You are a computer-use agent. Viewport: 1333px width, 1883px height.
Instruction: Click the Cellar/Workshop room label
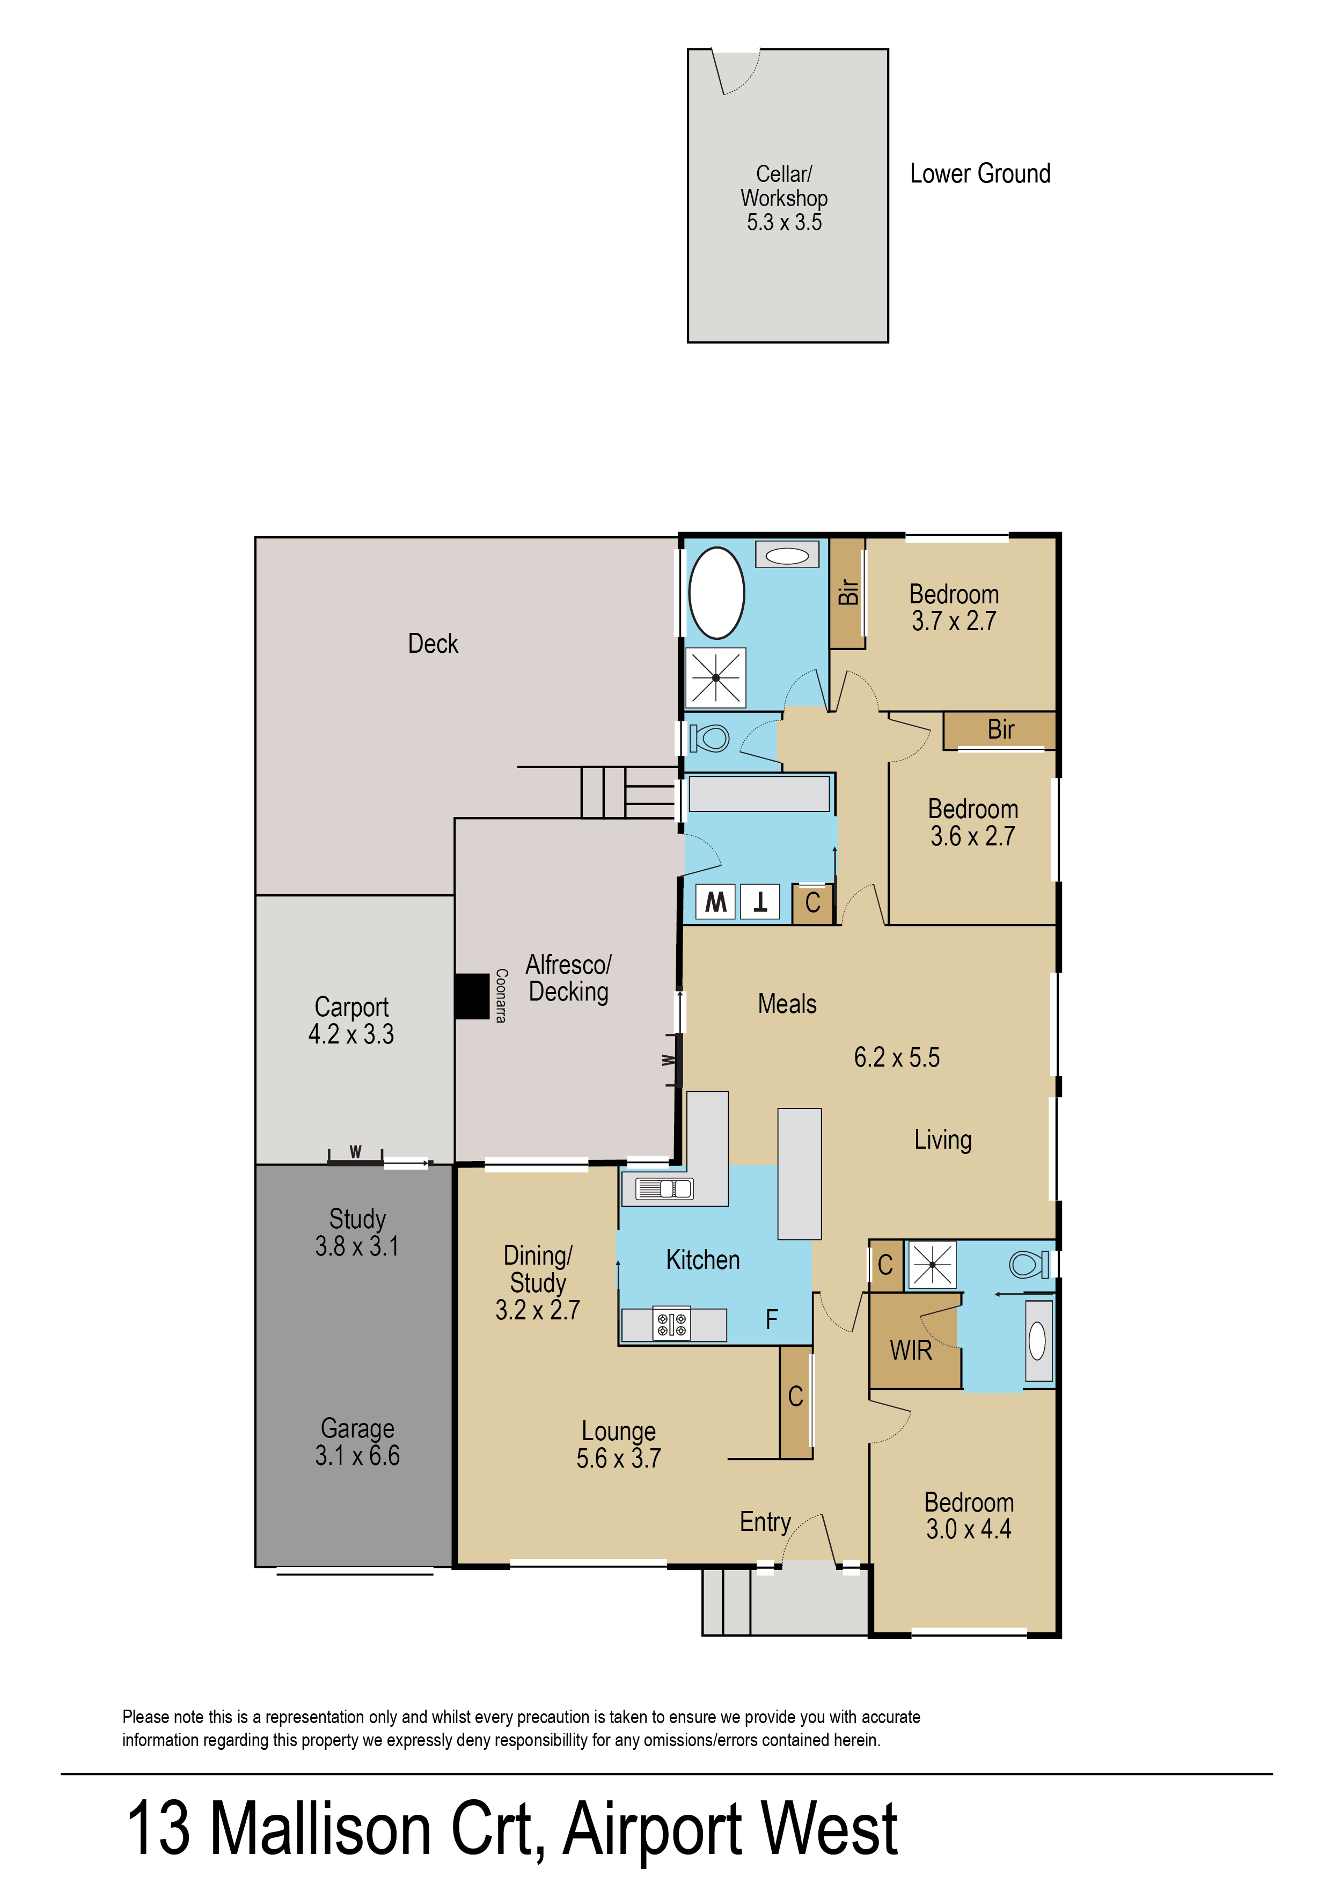[784, 198]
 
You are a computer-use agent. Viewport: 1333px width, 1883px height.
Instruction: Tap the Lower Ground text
[979, 174]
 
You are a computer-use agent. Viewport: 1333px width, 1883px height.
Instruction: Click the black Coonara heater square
[472, 996]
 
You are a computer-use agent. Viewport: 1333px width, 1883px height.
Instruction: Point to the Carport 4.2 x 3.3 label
[351, 1020]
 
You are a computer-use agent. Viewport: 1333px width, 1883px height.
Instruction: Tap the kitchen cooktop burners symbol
[671, 1324]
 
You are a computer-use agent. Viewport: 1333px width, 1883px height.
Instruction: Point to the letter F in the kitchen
[772, 1320]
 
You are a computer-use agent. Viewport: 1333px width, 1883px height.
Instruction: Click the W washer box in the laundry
[716, 902]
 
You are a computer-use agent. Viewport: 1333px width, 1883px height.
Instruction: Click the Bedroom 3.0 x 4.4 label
[969, 1515]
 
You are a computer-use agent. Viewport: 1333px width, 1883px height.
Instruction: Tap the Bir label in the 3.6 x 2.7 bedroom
[1001, 729]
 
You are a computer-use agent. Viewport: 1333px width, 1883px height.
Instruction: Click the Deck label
[433, 644]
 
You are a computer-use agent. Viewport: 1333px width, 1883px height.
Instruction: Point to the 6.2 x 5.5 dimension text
[896, 1057]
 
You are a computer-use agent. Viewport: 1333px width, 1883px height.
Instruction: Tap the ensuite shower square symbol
[932, 1265]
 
